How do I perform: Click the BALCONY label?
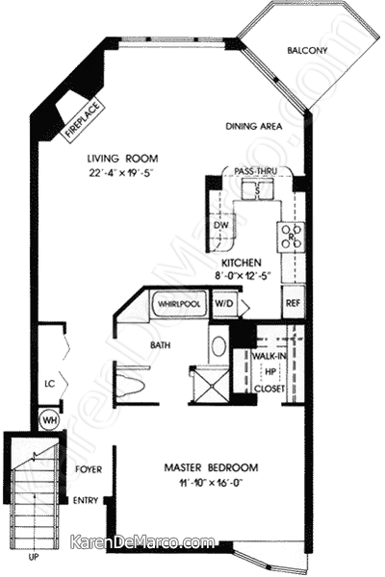pos(307,50)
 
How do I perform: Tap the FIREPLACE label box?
pos(84,119)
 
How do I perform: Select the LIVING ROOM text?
pos(122,159)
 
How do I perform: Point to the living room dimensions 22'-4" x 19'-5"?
pos(121,173)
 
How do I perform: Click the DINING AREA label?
pos(254,126)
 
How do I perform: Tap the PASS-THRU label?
pos(255,171)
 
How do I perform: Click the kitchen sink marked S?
pos(257,190)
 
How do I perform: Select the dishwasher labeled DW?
pos(221,226)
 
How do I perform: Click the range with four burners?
pos(291,237)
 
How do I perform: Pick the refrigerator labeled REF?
pos(294,303)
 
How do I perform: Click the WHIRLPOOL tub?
pos(179,304)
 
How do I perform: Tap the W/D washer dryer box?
pos(223,304)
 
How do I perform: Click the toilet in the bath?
pos(130,386)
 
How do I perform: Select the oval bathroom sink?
pos(218,346)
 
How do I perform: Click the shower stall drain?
pos(212,386)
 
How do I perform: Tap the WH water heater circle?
pos(49,420)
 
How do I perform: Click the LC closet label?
pos(50,384)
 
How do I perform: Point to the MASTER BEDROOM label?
pos(211,467)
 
